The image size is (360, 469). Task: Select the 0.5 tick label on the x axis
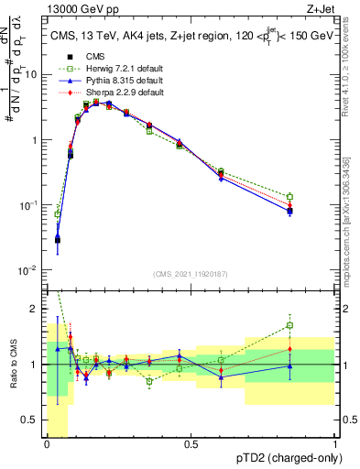tap(191, 444)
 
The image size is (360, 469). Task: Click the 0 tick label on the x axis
tap(47, 444)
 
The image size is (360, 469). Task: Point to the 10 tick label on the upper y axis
tap(32, 75)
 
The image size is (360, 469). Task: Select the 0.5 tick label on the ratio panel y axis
tap(32, 420)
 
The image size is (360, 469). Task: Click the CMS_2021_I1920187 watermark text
tap(190, 275)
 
